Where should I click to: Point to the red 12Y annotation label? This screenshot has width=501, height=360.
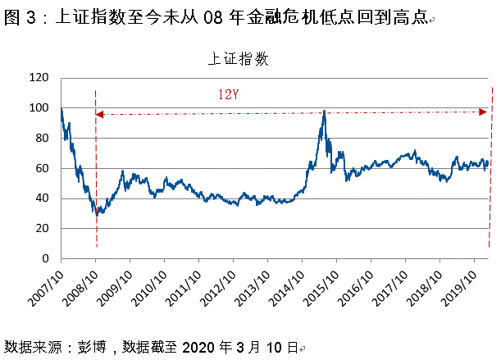point(229,93)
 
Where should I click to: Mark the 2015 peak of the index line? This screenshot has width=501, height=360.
point(325,112)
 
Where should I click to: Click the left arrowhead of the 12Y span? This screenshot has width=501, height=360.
point(99,114)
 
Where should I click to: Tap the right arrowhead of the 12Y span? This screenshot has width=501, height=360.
point(485,111)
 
